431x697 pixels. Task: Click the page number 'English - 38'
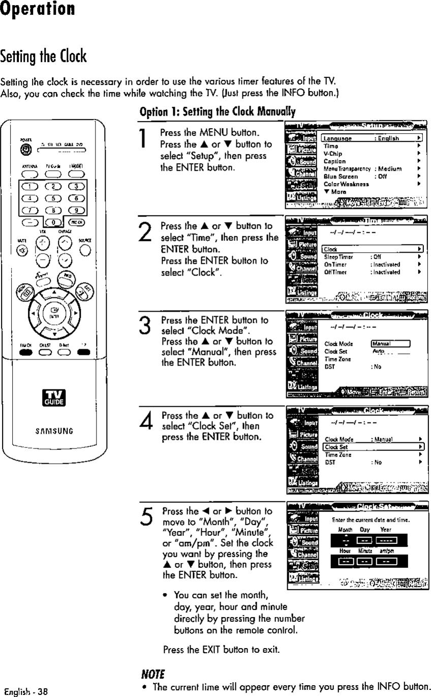[x=26, y=691]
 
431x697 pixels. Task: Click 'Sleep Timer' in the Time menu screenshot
[x=335, y=257]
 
